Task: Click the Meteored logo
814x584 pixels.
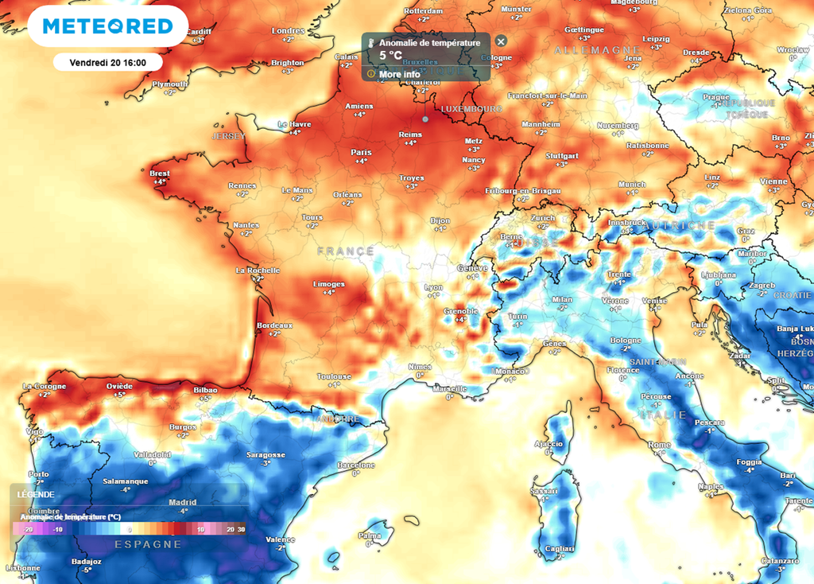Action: (107, 27)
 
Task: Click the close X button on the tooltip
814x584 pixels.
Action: (500, 41)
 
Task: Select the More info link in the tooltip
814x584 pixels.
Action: (400, 74)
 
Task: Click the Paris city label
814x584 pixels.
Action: (361, 152)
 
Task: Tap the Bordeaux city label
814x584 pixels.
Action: (275, 325)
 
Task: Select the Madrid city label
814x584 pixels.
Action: (183, 502)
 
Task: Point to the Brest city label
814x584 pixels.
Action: (160, 173)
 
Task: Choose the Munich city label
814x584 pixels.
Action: (632, 184)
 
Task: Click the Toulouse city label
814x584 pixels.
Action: (334, 376)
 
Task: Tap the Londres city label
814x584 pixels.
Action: (288, 31)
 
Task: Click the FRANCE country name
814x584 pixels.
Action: (345, 251)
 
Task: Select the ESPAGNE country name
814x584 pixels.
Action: (149, 544)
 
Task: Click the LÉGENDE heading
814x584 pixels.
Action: (36, 494)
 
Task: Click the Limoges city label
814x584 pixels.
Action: (329, 284)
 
